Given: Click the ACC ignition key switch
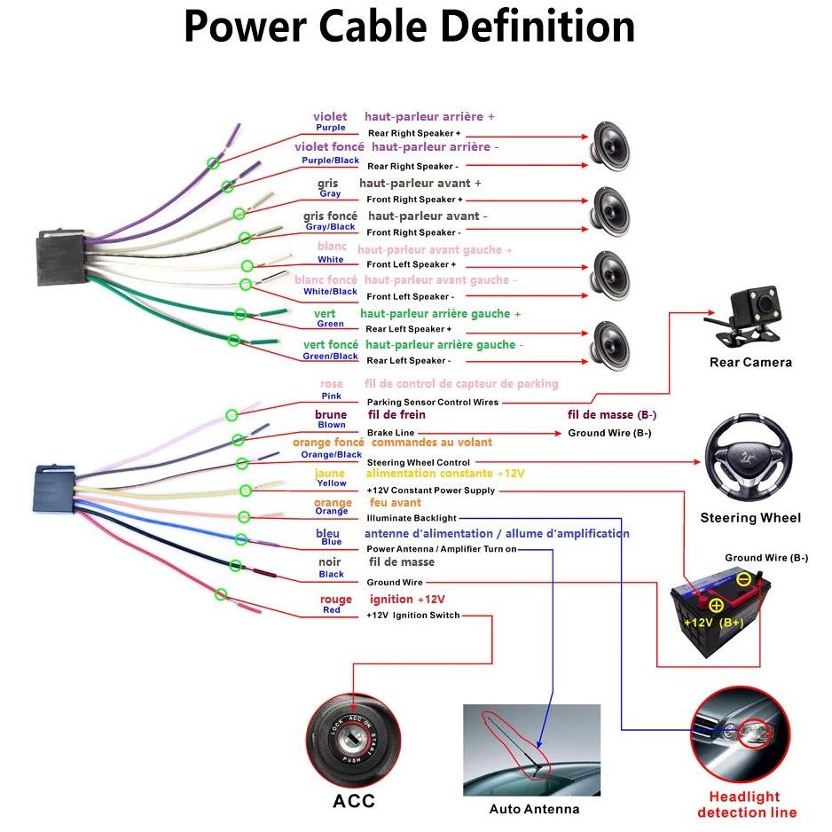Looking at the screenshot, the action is [353, 742].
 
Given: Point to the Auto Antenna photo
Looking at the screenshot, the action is [531, 750].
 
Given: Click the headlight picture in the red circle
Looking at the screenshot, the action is [741, 734].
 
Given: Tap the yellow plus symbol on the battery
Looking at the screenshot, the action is [716, 606].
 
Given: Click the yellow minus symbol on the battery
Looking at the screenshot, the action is [744, 579].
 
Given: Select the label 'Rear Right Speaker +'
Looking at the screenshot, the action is [414, 133].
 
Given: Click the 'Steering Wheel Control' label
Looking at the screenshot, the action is [418, 463].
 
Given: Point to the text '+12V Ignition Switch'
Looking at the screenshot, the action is [412, 616].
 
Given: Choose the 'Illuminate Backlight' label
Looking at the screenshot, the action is [412, 518].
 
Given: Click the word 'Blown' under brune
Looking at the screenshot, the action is [332, 425].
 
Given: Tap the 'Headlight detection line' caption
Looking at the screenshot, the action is [747, 805].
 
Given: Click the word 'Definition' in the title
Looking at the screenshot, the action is [538, 27].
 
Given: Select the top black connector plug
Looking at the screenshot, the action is [61, 257].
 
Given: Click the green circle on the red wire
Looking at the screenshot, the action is [221, 594].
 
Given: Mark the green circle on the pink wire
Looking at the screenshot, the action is [232, 415].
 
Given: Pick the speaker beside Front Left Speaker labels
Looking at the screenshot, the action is [610, 275].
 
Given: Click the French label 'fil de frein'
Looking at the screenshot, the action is [396, 415].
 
